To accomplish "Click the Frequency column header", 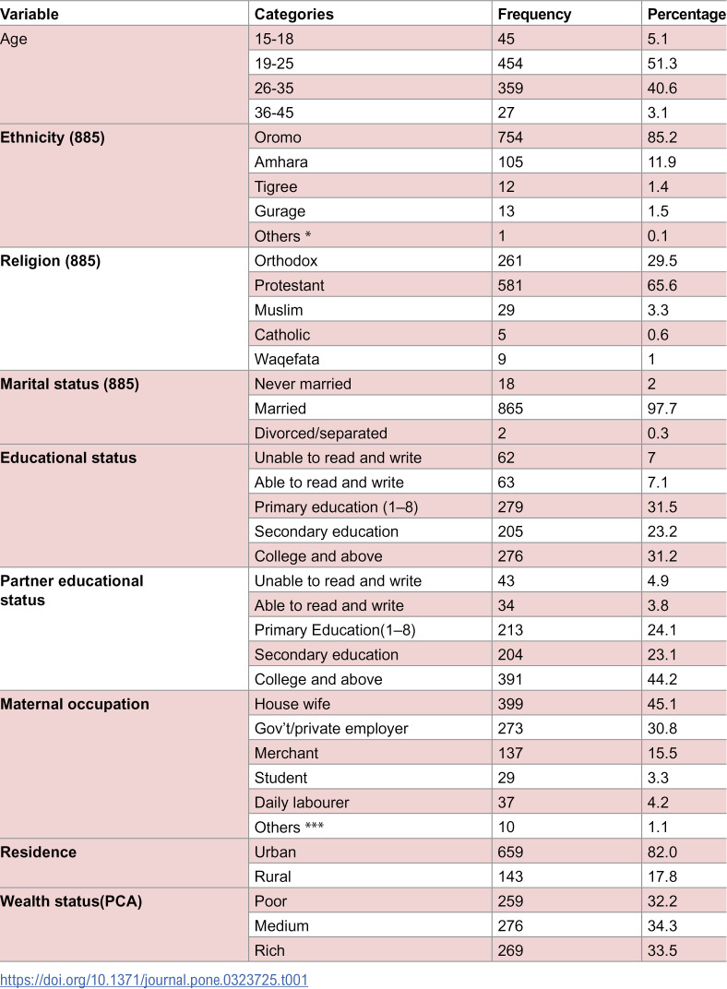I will (534, 14).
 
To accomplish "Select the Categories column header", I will (293, 14).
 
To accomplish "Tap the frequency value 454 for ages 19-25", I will (510, 64).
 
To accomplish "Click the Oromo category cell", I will (278, 137).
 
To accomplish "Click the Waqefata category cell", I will (285, 359).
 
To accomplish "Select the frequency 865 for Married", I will (510, 408).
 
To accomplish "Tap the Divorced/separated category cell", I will (321, 433).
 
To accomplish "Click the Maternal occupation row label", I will (75, 704).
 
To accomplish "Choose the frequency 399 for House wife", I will (510, 704).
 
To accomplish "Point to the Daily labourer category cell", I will (299, 803).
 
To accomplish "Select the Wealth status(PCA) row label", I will (69, 900).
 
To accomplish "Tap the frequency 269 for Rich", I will (510, 950).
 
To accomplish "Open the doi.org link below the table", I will (154, 979).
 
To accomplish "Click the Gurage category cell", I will (280, 211).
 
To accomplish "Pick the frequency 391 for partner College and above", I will (510, 679).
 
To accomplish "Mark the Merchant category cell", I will (286, 753).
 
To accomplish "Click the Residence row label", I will (39, 852).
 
